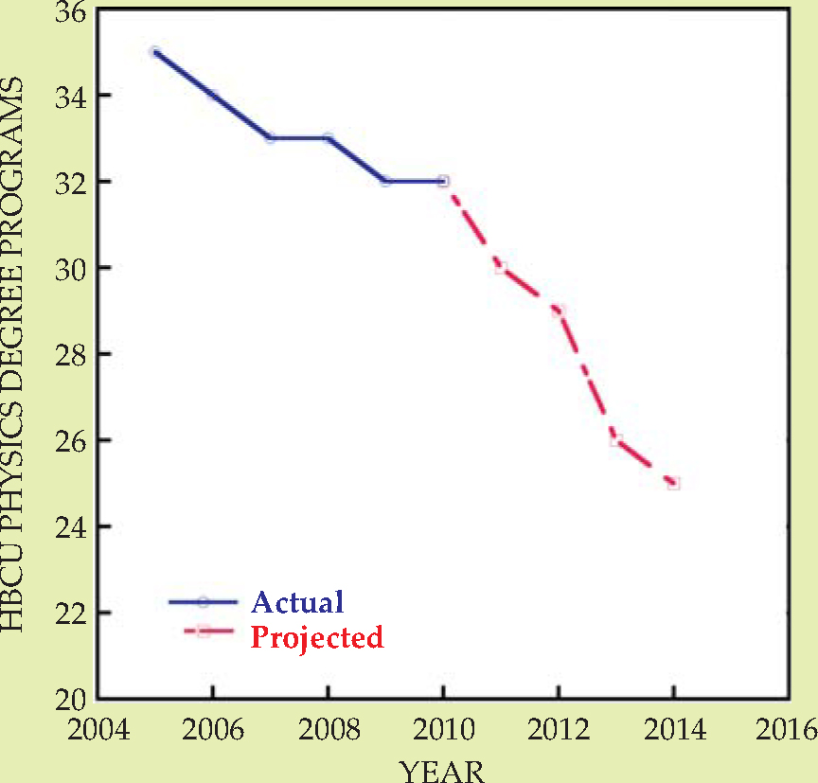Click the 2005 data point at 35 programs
pyautogui.click(x=155, y=51)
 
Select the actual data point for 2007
pyautogui.click(x=271, y=138)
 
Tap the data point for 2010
pyautogui.click(x=443, y=181)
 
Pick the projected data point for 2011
pyautogui.click(x=501, y=268)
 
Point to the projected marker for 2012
pyautogui.click(x=559, y=311)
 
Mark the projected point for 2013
pyautogui.click(x=616, y=440)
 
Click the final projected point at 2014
pyautogui.click(x=673, y=483)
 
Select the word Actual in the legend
pyautogui.click(x=296, y=601)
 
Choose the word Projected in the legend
pyautogui.click(x=317, y=637)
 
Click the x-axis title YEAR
pyautogui.click(x=443, y=770)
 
